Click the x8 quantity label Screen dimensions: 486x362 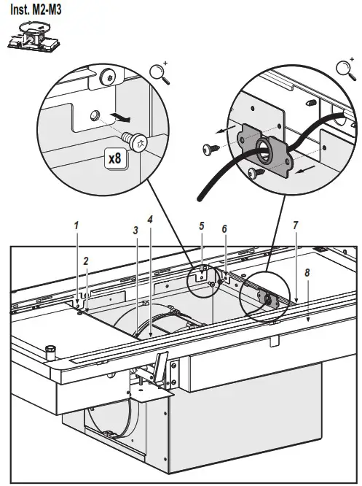coord(114,157)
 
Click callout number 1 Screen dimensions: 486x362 coord(76,225)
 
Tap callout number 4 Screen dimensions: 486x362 coord(150,218)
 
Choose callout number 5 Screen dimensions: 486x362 coord(202,226)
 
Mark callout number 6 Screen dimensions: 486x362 coord(224,228)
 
